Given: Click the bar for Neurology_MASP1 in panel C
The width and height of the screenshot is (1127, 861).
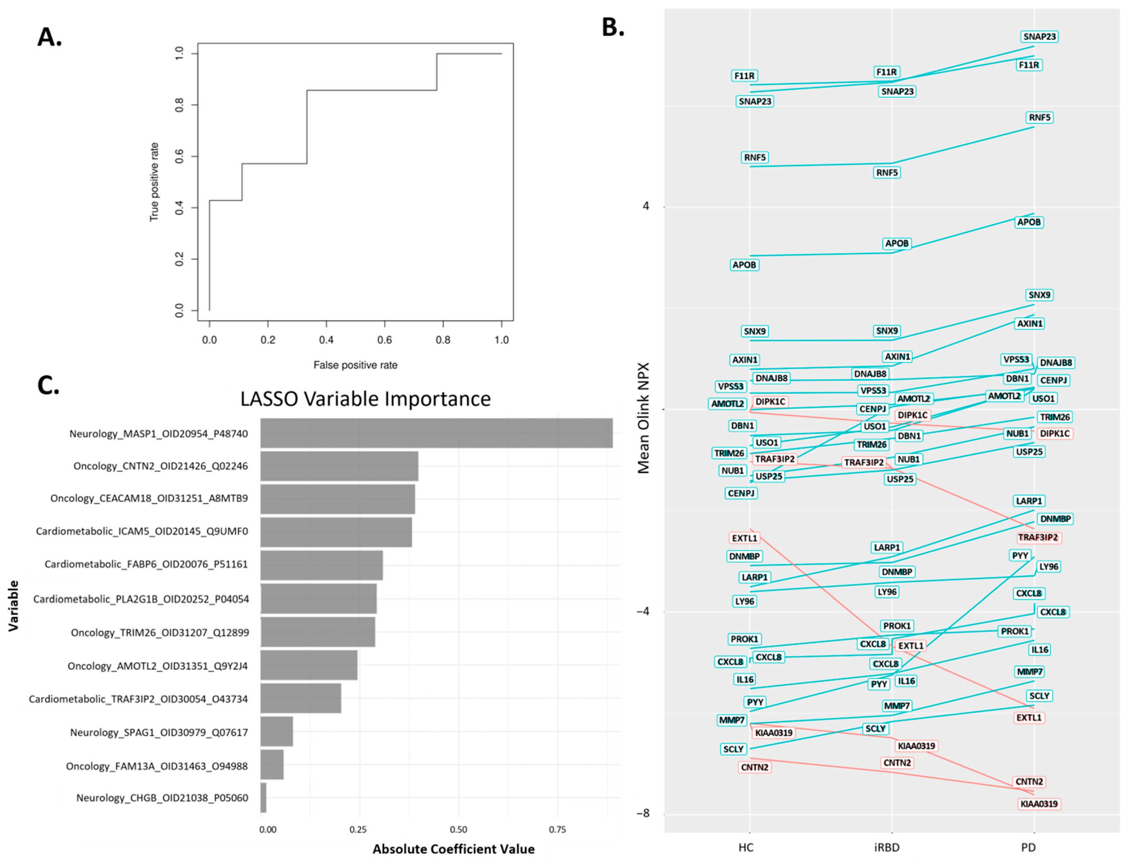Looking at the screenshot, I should [x=436, y=433].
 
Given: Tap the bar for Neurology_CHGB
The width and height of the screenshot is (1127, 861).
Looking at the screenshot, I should [x=264, y=798].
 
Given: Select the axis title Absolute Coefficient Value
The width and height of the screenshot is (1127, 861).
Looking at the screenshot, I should [x=453, y=849].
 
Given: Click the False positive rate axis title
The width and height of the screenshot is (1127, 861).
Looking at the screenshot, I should [x=355, y=365].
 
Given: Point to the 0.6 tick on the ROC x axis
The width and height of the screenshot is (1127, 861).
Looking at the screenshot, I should [x=385, y=340].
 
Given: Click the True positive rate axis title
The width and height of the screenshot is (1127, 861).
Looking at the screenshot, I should [x=154, y=182].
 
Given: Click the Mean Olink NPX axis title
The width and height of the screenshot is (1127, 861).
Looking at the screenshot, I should [x=644, y=418].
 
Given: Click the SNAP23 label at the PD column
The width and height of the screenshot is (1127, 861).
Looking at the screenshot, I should [x=1039, y=36].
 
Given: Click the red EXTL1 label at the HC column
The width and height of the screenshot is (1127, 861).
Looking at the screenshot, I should [x=744, y=538].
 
